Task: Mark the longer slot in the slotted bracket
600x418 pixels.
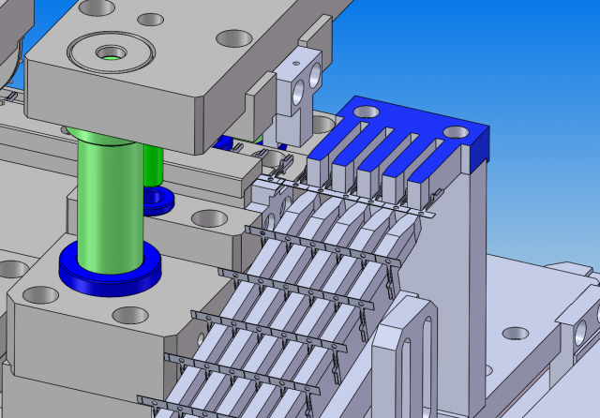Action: (425, 356)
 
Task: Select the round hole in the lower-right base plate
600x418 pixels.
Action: (516, 334)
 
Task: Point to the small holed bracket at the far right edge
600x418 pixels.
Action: (585, 328)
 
